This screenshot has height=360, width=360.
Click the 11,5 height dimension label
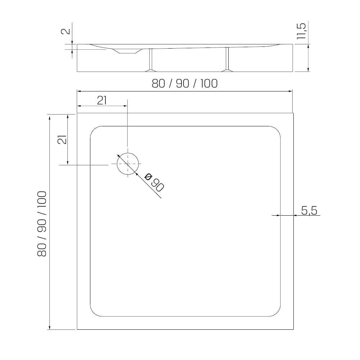301,31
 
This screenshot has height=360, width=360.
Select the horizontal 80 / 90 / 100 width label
185,84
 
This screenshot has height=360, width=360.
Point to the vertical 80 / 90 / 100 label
42,224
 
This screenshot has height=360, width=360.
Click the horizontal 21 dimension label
102,100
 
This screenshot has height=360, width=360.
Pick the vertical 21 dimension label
62,139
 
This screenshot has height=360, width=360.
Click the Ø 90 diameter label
154,183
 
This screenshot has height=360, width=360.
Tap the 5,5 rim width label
309,211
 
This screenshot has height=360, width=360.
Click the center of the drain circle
128,164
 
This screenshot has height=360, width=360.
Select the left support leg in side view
151,60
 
